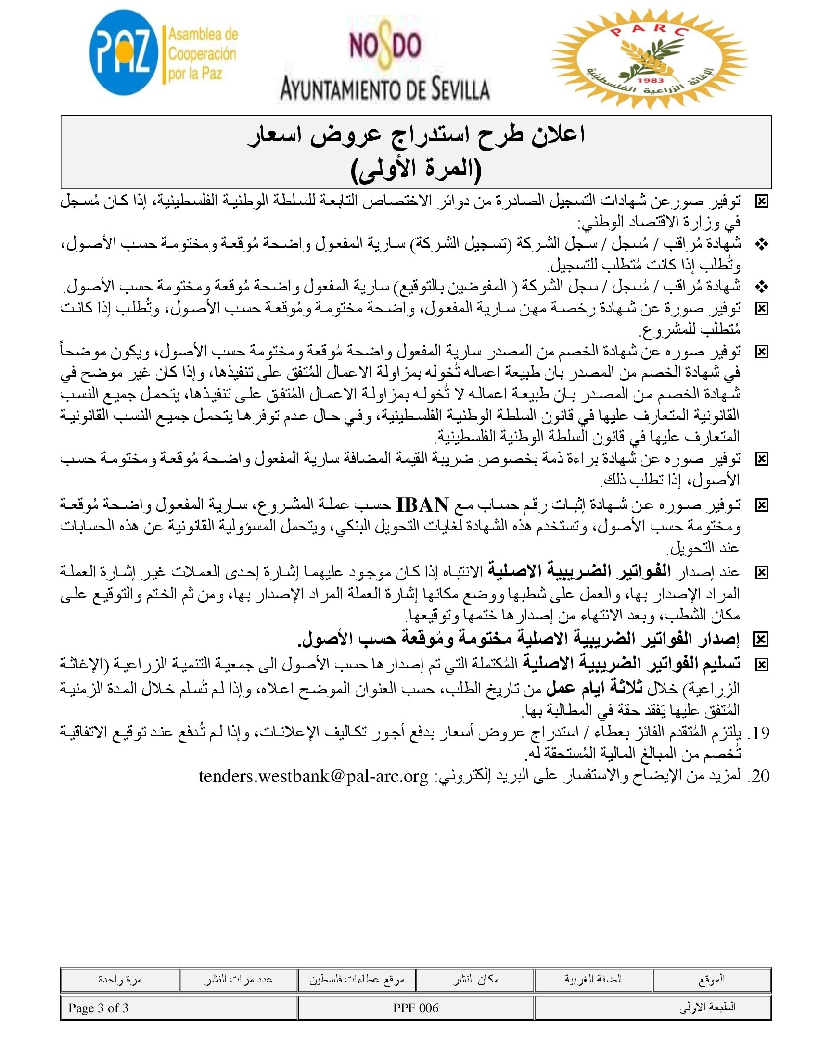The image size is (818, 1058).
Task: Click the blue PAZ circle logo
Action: pos(124,52)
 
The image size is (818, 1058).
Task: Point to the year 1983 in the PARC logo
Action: pos(651,80)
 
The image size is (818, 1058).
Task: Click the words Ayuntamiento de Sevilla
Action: pos(385,90)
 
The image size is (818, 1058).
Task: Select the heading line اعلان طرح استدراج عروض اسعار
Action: pos(416,136)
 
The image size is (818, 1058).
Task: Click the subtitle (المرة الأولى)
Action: pos(416,169)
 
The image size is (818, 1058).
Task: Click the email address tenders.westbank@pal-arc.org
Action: pos(314,776)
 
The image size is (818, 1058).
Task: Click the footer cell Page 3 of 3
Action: pos(98,1008)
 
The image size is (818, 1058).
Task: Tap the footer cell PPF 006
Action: pos(416,1008)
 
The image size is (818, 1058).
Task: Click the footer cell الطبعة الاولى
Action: pos(707,1008)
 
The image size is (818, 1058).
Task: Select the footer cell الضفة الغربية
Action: pos(593,980)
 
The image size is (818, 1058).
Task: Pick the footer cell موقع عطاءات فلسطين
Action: pos(357,980)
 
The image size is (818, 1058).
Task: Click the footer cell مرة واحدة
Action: pos(120,980)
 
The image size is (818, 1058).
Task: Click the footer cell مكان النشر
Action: pos(475,980)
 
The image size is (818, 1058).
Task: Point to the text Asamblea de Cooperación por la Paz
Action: pos(203,54)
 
